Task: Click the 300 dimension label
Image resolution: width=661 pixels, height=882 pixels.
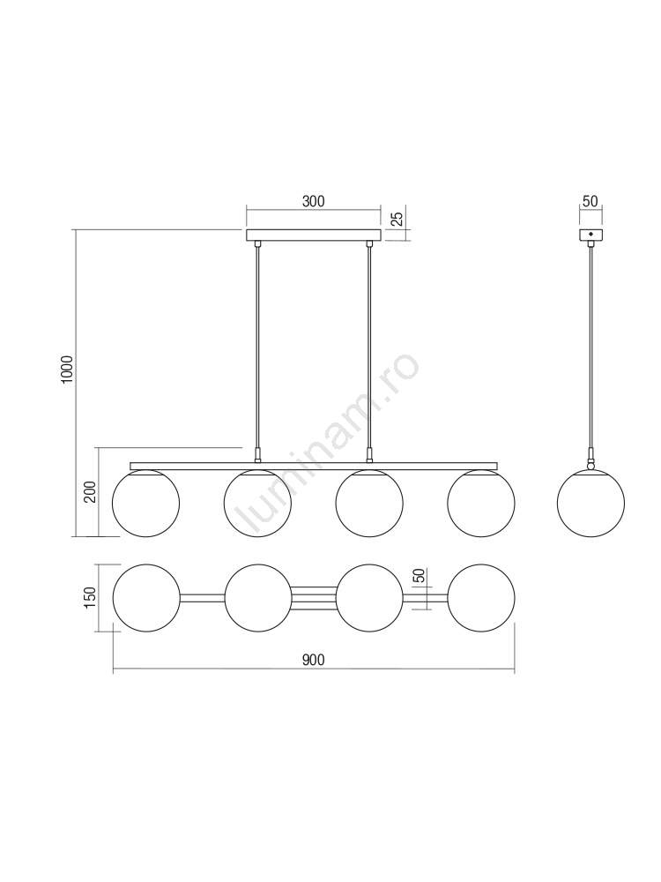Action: pyautogui.click(x=313, y=201)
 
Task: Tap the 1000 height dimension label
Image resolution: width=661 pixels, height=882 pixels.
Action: pyautogui.click(x=68, y=370)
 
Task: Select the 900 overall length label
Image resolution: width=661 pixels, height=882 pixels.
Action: pyautogui.click(x=313, y=660)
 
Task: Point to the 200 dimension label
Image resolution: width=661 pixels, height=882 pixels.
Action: pyautogui.click(x=91, y=492)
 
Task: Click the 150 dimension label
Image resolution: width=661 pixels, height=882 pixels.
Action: pyautogui.click(x=91, y=597)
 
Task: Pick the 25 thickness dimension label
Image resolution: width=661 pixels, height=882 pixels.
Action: pyautogui.click(x=397, y=220)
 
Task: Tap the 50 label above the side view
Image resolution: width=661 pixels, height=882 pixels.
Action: pyautogui.click(x=590, y=201)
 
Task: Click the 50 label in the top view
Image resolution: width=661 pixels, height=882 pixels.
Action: pyautogui.click(x=419, y=575)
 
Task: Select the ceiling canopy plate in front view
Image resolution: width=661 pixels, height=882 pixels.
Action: pyautogui.click(x=314, y=235)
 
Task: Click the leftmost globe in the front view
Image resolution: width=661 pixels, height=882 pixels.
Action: pyautogui.click(x=146, y=503)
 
